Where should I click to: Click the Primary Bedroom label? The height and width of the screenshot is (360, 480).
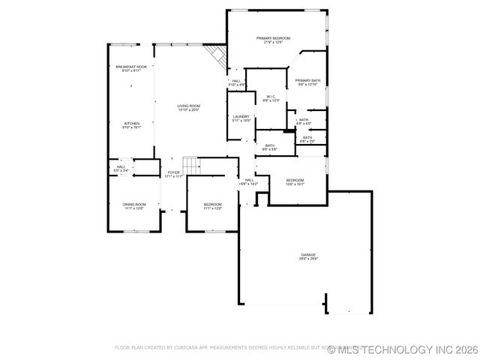(273, 38)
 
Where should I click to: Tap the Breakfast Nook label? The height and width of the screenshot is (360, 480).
(131, 67)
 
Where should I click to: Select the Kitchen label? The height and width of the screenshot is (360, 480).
(131, 124)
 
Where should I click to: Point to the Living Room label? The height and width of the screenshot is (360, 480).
(188, 106)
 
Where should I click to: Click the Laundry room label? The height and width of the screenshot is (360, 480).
(241, 116)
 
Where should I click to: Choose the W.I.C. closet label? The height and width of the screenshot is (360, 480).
(271, 97)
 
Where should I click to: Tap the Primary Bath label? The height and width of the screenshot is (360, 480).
(307, 80)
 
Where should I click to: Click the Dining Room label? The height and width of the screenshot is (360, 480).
(135, 204)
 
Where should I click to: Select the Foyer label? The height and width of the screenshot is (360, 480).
(174, 173)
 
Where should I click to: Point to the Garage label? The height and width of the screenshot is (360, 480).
(308, 255)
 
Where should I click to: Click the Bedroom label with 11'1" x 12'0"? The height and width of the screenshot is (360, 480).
(213, 204)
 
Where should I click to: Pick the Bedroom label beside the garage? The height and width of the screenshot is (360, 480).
(295, 180)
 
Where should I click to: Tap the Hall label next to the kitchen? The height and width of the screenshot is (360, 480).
(120, 167)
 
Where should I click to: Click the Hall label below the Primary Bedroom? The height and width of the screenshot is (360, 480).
(235, 81)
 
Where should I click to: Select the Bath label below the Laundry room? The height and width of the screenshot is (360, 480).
(269, 145)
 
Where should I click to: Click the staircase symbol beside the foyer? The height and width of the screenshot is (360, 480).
(190, 164)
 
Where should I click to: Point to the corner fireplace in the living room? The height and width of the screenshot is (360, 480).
(217, 55)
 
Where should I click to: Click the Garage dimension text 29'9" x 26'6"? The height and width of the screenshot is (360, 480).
(308, 259)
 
